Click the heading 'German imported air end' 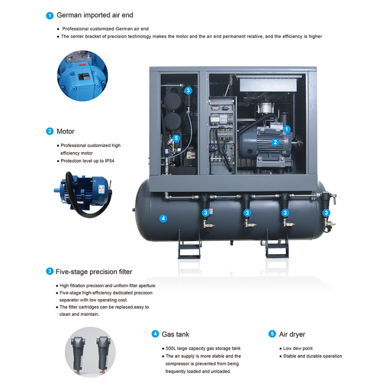(95, 15)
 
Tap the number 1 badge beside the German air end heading (50, 15)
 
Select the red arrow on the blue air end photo (82, 65)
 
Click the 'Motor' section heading (65, 131)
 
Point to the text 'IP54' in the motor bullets (109, 161)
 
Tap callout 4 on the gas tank (163, 219)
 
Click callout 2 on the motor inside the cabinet (275, 142)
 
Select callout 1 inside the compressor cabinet (286, 129)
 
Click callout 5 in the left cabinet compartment (176, 138)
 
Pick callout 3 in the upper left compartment (188, 90)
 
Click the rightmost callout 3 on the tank (326, 212)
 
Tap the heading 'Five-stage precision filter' (94, 272)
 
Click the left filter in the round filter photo (78, 354)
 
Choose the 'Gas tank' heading (175, 334)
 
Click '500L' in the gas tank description (171, 348)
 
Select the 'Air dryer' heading (292, 334)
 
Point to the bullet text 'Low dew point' (298, 348)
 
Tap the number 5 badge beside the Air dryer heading (272, 334)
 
